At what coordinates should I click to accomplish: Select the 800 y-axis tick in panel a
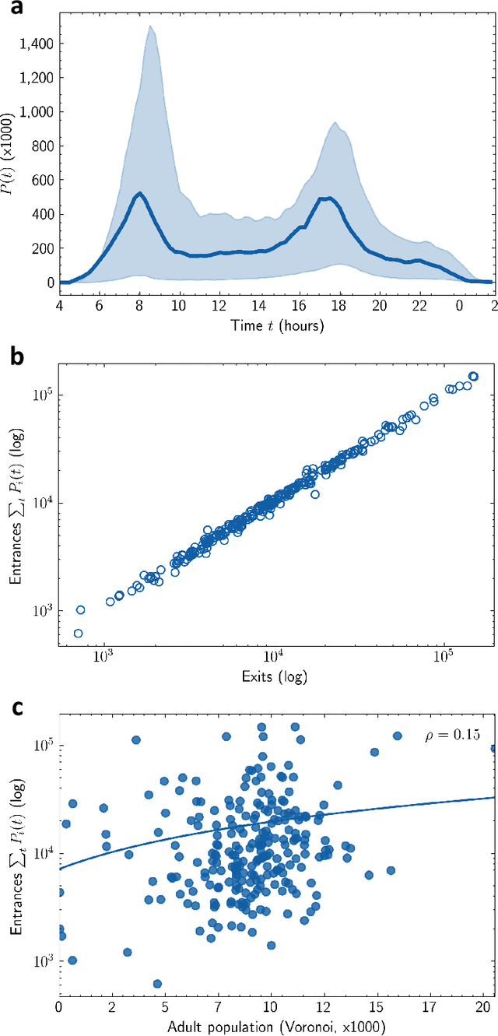[44, 146]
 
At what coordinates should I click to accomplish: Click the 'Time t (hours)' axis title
[277, 324]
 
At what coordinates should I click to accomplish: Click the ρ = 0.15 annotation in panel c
[458, 734]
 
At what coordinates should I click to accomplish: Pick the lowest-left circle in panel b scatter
[78, 633]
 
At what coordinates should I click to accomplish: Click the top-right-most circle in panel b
[473, 377]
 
